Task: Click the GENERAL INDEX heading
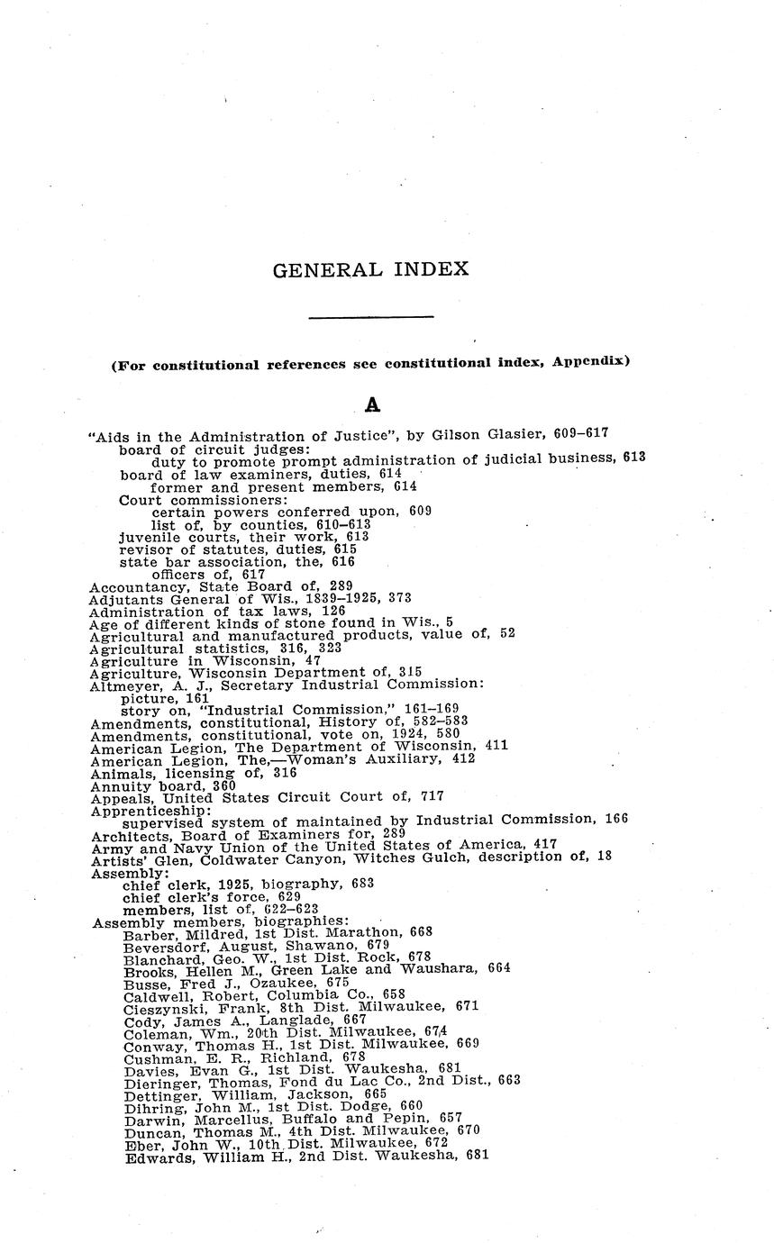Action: click(x=370, y=269)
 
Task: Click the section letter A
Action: click(x=372, y=406)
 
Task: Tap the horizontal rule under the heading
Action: click(x=371, y=316)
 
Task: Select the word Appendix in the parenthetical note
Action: click(x=589, y=363)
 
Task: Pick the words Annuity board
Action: click(x=141, y=785)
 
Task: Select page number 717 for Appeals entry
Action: click(x=432, y=797)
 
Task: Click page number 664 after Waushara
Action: click(x=499, y=968)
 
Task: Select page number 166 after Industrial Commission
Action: click(x=616, y=819)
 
